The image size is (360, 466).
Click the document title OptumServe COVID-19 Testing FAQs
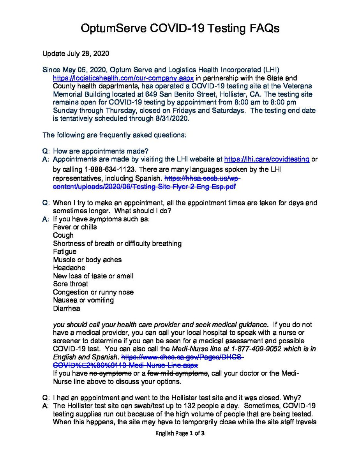click(x=180, y=28)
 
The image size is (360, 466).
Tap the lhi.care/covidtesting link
click(x=267, y=159)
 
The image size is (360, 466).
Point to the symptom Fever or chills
click(x=75, y=227)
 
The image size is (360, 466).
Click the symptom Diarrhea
click(x=65, y=309)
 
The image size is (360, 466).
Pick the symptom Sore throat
click(x=71, y=284)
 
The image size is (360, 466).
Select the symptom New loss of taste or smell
click(x=93, y=276)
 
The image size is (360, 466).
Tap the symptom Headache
click(x=67, y=268)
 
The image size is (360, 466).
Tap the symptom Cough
click(x=63, y=235)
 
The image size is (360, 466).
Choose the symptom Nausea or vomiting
click(x=83, y=300)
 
